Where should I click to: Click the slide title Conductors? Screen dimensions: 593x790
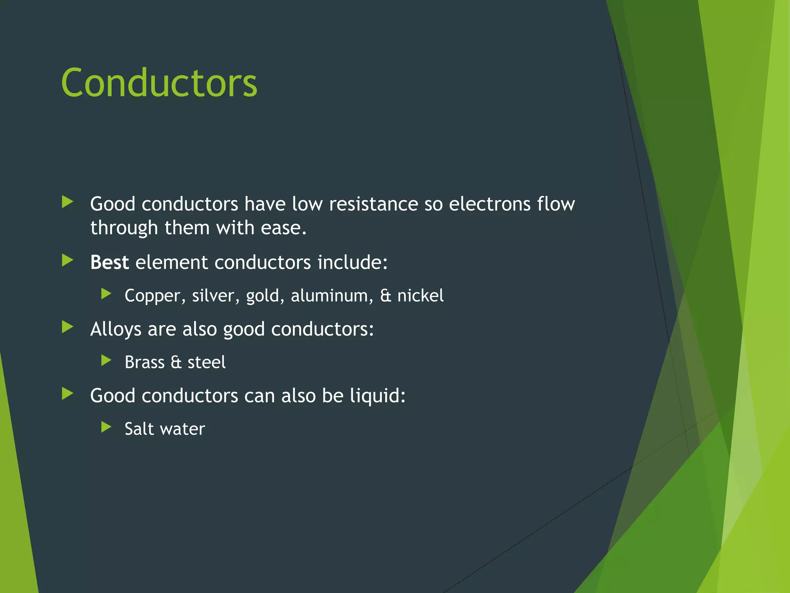pos(159,83)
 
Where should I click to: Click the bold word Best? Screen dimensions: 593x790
pos(109,263)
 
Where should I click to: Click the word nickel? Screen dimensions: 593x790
pos(420,296)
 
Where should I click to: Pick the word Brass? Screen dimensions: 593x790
pos(145,363)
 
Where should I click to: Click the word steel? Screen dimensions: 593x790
pos(206,363)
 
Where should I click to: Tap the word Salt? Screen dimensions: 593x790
pos(139,429)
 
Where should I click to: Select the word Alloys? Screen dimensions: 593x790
pos(116,330)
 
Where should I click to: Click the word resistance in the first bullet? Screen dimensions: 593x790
pos(373,204)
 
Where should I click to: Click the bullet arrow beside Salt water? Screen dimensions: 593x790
pos(106,427)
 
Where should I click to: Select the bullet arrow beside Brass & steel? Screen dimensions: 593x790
pos(106,361)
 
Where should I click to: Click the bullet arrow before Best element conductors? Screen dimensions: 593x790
pos(68,261)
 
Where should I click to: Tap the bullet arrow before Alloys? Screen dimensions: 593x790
pos(68,327)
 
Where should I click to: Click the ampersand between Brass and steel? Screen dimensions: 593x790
pos(176,363)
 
